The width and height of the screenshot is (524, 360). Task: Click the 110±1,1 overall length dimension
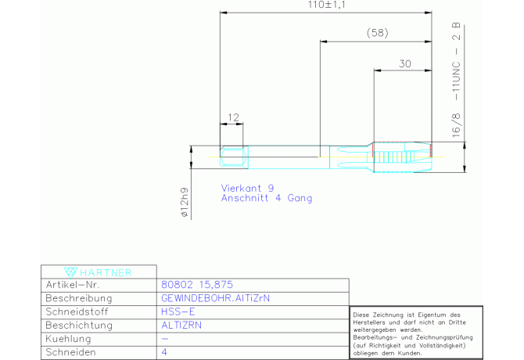point(326,5)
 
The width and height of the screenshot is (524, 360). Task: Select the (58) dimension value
point(377,33)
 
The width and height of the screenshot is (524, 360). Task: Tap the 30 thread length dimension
point(404,63)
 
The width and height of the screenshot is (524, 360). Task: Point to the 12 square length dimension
point(233,117)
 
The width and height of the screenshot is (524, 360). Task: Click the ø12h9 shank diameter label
point(185,203)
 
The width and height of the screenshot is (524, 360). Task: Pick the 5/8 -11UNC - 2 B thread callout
point(456,81)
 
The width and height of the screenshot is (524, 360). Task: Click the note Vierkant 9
point(247,188)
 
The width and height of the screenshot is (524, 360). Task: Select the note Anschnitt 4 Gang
point(267,198)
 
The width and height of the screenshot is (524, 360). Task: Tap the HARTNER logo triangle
point(70,272)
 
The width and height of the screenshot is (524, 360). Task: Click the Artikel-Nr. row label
point(73,285)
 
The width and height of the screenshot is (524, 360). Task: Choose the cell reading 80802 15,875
point(197,285)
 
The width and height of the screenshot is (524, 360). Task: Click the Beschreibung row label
point(78,298)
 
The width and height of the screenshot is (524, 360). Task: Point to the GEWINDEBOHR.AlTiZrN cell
point(215,298)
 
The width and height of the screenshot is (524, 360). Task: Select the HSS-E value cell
point(178,311)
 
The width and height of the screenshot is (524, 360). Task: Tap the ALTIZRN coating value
point(181,326)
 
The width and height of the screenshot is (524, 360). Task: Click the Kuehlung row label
point(68,339)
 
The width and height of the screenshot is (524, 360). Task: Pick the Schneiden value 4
point(164,352)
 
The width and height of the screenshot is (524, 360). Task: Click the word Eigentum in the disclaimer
point(430,315)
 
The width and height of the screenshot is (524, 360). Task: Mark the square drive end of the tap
point(234,157)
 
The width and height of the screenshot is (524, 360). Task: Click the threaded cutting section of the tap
point(402,157)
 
